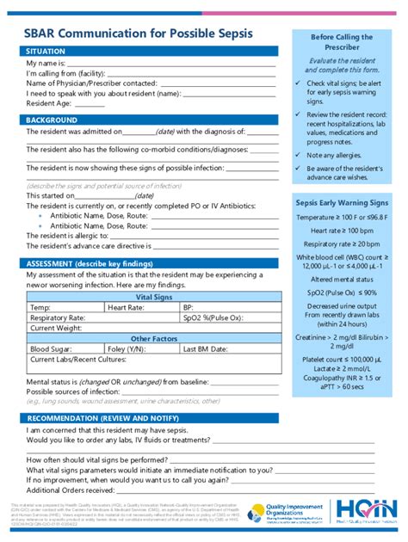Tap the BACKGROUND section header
pos(57,120)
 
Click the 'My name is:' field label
pos(46,64)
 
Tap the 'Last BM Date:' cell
pos(207,349)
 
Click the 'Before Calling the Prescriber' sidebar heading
pos(342,43)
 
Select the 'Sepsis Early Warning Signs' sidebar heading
pos(342,202)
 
